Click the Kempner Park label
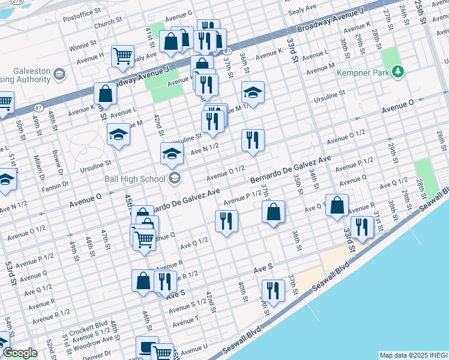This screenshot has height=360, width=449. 366,72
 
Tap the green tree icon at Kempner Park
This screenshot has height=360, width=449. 397,72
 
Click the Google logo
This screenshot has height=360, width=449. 20,353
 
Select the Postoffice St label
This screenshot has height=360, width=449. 82,13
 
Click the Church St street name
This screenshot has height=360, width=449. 108,23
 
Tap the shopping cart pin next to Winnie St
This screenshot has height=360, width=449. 122,56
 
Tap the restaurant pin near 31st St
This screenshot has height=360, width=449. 361,226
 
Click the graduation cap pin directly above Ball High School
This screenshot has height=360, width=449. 172,154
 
